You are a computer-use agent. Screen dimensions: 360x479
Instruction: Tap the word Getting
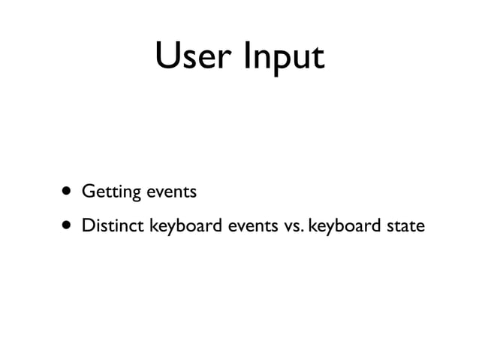(111, 192)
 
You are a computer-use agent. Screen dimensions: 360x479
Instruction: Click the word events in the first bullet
(171, 192)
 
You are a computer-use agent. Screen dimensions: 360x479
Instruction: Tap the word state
(405, 225)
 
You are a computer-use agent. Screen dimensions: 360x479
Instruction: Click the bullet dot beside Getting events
(68, 192)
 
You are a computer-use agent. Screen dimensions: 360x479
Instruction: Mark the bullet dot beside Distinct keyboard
(68, 225)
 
